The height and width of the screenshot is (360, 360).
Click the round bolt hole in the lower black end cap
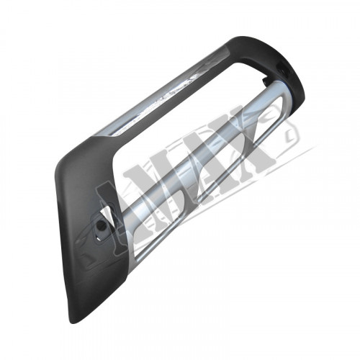point(102,225)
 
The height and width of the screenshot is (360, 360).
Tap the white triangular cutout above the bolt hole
point(105,212)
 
